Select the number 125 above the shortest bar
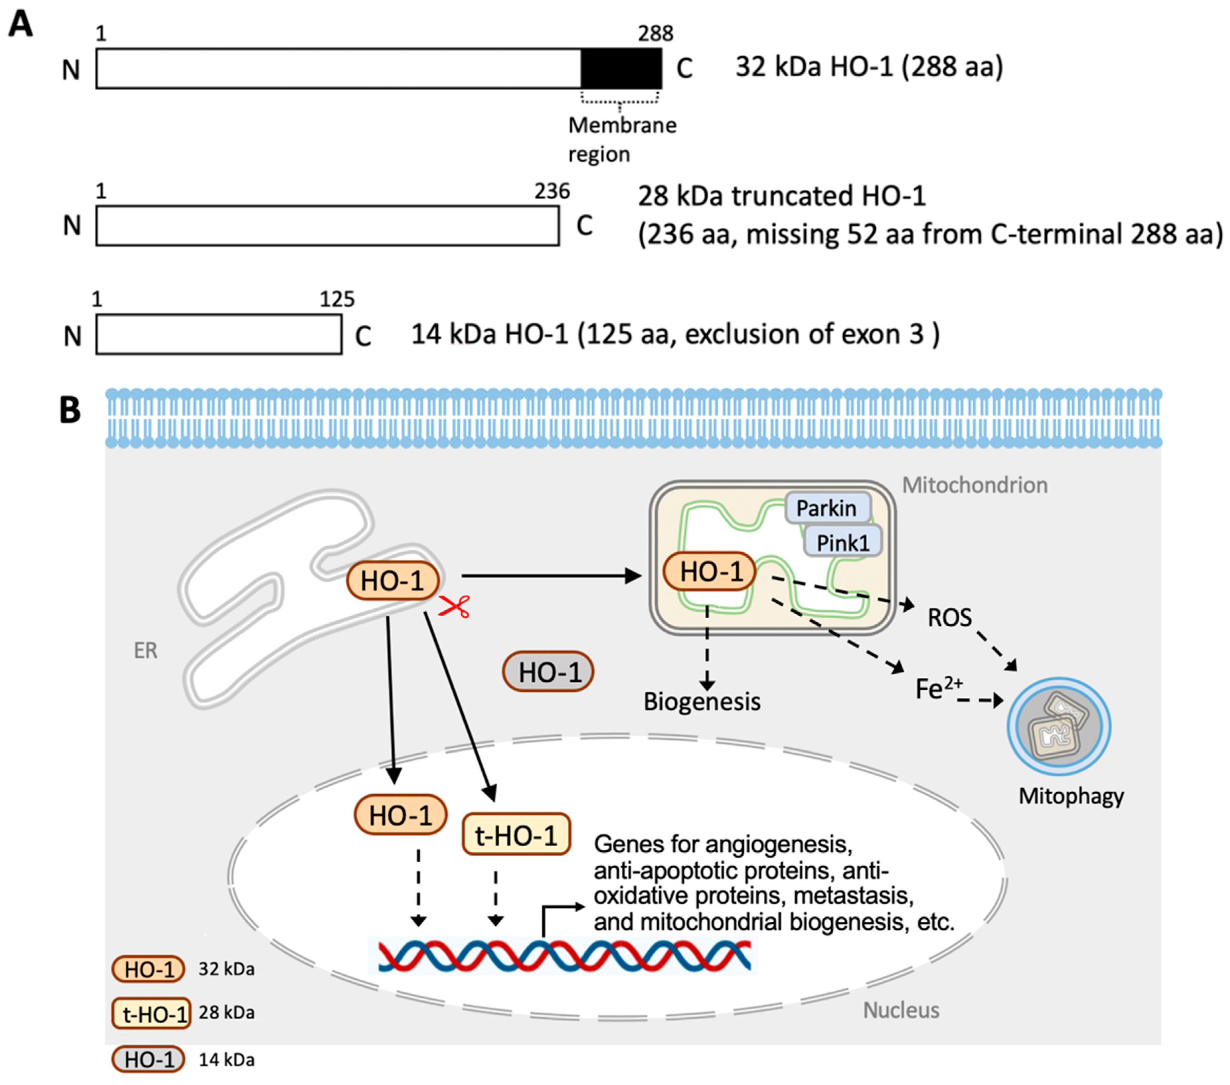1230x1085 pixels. (337, 299)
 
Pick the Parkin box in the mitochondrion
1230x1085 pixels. (827, 508)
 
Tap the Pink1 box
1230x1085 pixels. (843, 543)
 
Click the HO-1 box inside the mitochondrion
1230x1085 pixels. (710, 572)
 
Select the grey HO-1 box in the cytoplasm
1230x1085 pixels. (548, 672)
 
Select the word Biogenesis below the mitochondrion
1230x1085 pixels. (702, 702)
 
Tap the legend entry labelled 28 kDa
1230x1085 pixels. (226, 1013)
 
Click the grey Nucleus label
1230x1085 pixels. (901, 1010)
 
